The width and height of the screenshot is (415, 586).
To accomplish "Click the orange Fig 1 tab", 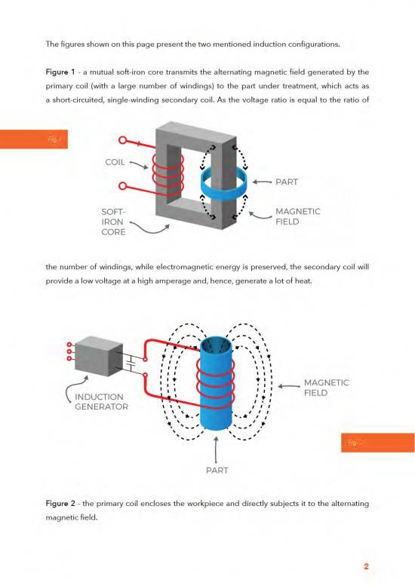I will coord(33,139).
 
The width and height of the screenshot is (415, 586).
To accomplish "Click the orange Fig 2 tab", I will coord(377,443).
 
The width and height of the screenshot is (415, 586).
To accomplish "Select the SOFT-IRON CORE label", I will coord(114,222).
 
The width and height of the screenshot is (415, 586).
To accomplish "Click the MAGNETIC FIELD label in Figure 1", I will coord(297,216).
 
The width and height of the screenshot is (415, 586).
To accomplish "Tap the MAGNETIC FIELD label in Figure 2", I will coord(326,388).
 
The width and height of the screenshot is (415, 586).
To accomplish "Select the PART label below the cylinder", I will coord(217,471).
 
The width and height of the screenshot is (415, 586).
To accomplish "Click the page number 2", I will coord(366,566).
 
